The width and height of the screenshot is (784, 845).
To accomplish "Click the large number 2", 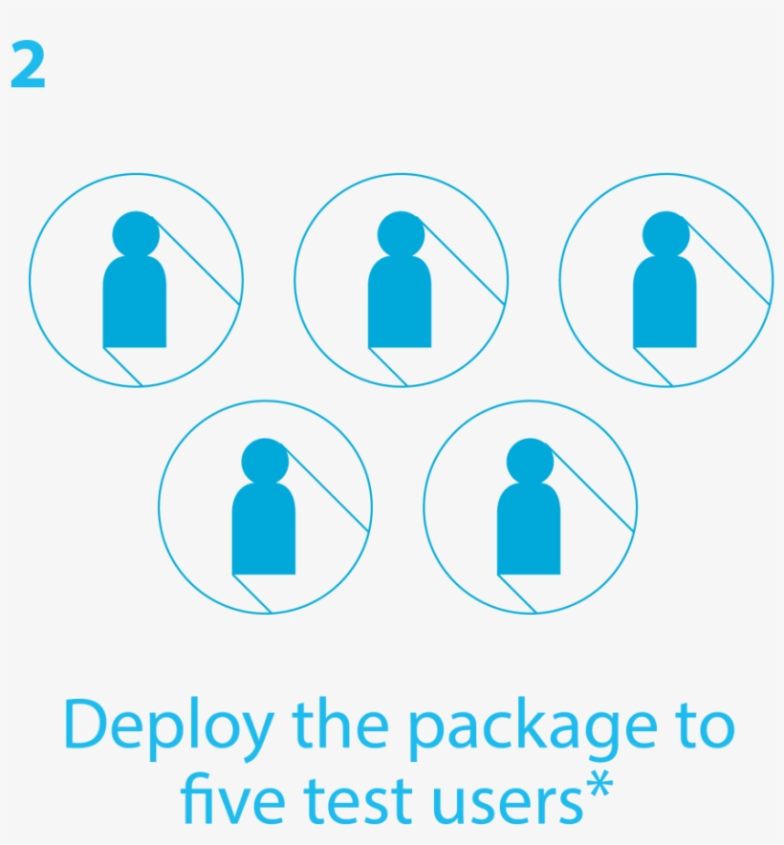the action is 28,65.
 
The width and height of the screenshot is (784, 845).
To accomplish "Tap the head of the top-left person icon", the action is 136,234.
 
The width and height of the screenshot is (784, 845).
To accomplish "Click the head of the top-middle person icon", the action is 402,234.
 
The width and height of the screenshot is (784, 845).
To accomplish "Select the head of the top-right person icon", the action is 665,234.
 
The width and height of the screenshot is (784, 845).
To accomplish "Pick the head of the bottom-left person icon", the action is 265,462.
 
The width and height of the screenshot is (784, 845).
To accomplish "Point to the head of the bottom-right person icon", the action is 530,462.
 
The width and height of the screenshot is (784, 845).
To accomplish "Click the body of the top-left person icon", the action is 135,302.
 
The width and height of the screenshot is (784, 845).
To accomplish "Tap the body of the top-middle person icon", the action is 400,302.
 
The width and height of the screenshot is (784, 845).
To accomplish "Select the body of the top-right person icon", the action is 664,302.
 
